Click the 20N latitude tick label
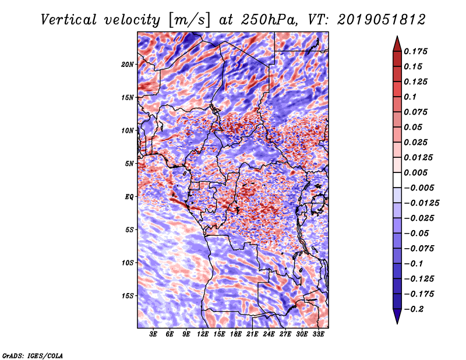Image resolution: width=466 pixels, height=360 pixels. point(128,65)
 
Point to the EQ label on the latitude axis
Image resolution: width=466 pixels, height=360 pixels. point(129,197)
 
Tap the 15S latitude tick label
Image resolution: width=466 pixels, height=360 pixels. point(128,296)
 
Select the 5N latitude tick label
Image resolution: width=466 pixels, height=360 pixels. point(129,164)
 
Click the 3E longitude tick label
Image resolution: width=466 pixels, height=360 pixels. point(153,334)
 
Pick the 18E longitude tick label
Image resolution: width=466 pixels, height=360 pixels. point(236,334)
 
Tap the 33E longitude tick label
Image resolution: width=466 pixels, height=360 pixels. point(318,334)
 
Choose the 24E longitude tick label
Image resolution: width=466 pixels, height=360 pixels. point(269,334)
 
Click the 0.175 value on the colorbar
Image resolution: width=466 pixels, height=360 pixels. point(415,51)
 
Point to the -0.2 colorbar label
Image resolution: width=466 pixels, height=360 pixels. point(414,309)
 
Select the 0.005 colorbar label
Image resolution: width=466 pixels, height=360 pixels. point(415,172)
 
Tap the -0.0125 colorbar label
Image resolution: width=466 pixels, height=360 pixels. point(421,203)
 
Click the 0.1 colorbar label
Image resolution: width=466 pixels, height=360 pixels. point(410,97)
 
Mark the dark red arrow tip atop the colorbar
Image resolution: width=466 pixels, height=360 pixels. point(397,37)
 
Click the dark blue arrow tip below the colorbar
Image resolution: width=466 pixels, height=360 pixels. point(397,323)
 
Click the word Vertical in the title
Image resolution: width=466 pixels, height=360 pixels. point(69,20)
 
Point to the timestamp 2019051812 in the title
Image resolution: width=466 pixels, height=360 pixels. point(382,20)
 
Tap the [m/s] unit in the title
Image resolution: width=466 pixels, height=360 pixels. point(189,20)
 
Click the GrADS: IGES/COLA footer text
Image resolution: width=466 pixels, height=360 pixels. point(33,355)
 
